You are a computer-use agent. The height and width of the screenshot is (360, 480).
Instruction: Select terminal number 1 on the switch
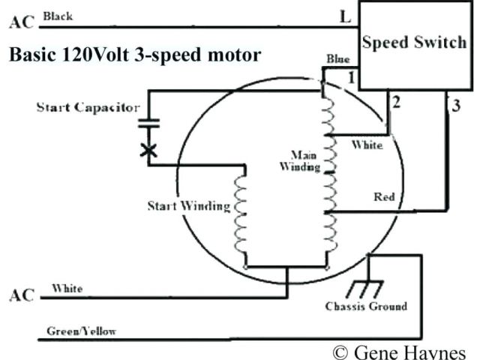(350, 76)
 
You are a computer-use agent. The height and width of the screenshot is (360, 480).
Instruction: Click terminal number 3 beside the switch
(455, 105)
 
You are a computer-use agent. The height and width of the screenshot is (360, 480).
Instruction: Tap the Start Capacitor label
(88, 107)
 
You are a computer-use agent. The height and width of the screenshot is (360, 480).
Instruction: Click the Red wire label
(384, 197)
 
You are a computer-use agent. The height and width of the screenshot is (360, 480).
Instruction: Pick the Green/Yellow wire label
(81, 331)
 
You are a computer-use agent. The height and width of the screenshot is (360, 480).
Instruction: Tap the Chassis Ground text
(366, 306)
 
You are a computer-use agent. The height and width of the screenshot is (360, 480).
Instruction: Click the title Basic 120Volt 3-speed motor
(135, 55)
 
